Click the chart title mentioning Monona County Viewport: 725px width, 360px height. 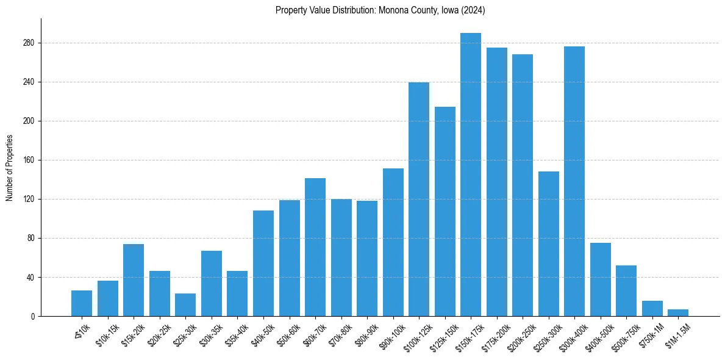pyautogui.click(x=380, y=10)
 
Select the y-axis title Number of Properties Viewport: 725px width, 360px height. pyautogui.click(x=9, y=168)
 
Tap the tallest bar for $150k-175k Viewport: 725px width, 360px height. pyautogui.click(x=471, y=175)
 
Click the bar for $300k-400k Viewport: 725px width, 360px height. pyautogui.click(x=574, y=181)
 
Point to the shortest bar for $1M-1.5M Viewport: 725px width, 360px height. pyautogui.click(x=678, y=313)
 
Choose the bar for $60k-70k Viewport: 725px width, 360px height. pyautogui.click(x=315, y=247)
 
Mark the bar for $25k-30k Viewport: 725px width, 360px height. pyautogui.click(x=185, y=305)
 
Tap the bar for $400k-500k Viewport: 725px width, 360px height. pyautogui.click(x=601, y=279)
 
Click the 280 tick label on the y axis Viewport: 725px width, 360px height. pyautogui.click(x=29, y=43)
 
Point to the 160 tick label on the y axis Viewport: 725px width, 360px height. pyautogui.click(x=29, y=160)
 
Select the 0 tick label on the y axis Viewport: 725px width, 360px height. pyautogui.click(x=34, y=317)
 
